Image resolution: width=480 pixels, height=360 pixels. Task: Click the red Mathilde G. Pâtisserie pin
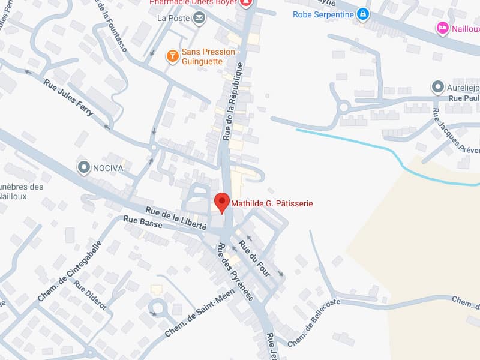coord(222,203)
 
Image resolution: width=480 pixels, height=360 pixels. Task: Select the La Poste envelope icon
coord(199,18)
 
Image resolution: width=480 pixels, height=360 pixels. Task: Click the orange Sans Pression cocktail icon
coord(173,56)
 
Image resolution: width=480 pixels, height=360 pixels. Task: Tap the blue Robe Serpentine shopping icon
coord(362,13)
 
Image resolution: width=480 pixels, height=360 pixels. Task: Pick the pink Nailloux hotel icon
coord(443,27)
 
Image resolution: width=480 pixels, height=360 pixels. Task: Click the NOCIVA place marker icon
coord(83,167)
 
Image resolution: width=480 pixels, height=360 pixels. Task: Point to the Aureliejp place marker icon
coord(437,88)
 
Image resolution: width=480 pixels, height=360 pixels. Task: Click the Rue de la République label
coord(235,101)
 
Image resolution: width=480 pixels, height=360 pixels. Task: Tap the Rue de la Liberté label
coord(176,218)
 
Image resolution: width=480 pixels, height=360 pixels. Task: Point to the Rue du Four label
coord(255,258)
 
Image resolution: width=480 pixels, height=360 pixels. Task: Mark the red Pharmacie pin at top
coord(245,3)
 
